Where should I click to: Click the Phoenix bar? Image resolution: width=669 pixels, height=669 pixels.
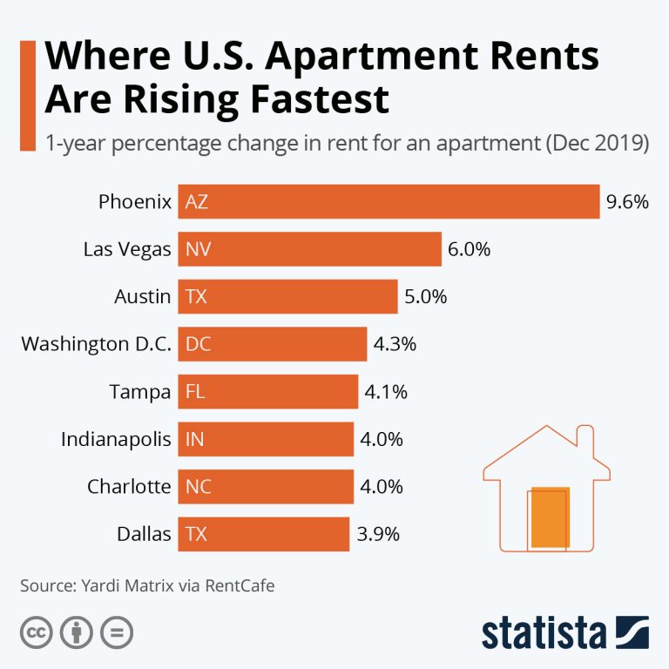click(389, 202)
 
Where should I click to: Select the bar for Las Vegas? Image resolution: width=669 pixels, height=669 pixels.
click(309, 249)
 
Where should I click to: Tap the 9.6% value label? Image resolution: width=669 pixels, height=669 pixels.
click(627, 202)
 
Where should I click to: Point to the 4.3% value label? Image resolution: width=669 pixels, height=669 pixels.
click(395, 344)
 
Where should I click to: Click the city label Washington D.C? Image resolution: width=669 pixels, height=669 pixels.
click(96, 344)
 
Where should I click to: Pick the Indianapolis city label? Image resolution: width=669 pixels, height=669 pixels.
click(116, 439)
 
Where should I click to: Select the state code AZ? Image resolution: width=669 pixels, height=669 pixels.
click(197, 202)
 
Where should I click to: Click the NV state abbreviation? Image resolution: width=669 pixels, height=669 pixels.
click(199, 249)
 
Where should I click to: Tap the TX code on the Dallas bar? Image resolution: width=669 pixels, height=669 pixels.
click(197, 534)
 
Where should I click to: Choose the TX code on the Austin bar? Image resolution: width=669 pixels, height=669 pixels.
click(197, 297)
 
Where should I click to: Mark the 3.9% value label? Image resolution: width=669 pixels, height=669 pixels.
click(378, 534)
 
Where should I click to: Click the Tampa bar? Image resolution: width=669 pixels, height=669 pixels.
click(268, 392)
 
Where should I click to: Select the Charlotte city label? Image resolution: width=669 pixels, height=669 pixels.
click(129, 486)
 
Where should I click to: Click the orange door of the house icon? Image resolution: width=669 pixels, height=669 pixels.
click(550, 517)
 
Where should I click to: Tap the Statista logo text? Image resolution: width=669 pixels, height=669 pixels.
click(545, 633)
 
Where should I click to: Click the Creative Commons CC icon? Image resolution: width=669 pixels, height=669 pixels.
click(36, 632)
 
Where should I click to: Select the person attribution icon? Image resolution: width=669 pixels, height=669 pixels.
click(76, 632)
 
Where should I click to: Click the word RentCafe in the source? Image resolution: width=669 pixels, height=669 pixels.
click(240, 585)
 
